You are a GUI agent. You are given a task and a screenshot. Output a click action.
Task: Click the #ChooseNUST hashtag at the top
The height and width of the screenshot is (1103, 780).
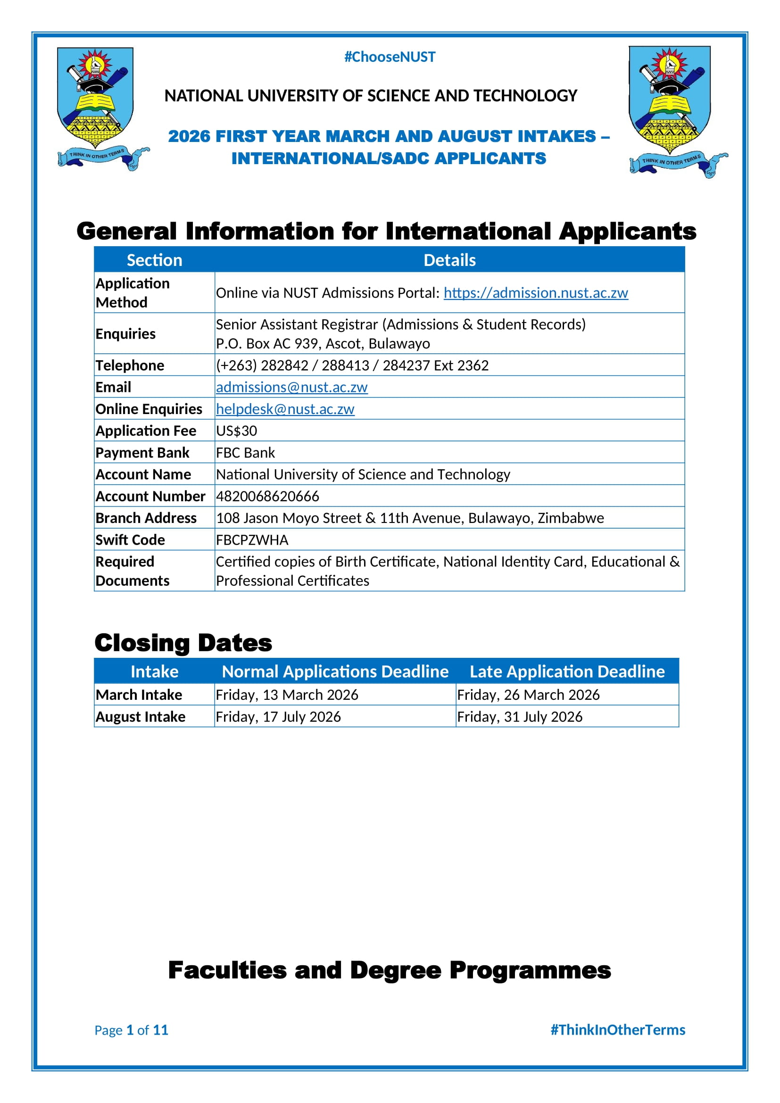point(390,57)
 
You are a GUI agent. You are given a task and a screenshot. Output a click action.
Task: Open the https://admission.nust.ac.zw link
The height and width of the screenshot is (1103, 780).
point(536,292)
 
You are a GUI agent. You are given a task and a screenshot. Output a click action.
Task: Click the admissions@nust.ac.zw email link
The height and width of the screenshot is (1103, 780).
point(291,387)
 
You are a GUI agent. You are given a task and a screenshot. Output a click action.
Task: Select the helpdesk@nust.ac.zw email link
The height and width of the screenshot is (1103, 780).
point(285,409)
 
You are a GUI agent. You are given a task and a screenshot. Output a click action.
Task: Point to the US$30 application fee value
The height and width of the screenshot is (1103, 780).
point(236,431)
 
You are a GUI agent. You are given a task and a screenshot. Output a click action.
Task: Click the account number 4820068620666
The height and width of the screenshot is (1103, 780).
point(267,496)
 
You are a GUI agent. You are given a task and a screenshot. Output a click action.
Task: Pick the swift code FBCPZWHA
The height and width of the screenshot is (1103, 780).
point(252,539)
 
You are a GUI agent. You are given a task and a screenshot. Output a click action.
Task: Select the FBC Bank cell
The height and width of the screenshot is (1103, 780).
point(245,453)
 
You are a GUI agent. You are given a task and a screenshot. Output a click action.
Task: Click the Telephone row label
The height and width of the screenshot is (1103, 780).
point(130,365)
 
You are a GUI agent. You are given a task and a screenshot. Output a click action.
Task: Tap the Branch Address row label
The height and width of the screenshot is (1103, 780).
point(146,518)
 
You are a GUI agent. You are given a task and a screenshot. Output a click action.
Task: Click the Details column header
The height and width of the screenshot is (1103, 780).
point(449,260)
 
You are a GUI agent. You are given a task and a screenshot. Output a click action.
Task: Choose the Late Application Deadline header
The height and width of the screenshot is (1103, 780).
point(567,671)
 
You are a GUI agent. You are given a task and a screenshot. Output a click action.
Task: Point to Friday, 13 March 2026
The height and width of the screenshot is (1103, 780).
point(287,695)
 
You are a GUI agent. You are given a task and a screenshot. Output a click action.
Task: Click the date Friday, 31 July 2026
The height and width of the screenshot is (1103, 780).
point(520,716)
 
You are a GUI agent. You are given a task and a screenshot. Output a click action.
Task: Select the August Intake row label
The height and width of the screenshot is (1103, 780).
point(140,716)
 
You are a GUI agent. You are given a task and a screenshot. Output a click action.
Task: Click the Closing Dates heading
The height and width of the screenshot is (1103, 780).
point(183,642)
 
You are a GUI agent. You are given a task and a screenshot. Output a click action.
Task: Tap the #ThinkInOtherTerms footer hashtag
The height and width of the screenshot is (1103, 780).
point(618,1029)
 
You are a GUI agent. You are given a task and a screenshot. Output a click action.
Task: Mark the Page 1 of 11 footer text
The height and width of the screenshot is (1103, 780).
point(131,1030)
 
